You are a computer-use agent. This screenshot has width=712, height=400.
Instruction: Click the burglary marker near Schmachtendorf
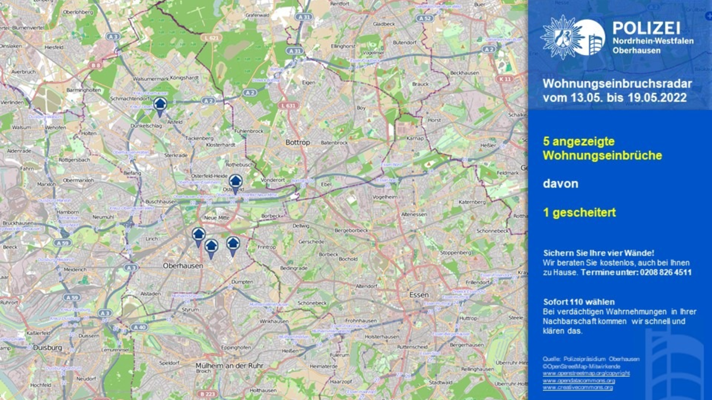coord(160,105)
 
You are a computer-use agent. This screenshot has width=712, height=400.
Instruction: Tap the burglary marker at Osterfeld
coord(236,182)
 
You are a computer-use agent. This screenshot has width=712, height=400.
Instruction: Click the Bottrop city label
coord(297,143)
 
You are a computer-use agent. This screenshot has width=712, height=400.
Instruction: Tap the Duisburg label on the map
coord(48,348)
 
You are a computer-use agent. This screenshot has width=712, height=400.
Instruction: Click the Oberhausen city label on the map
coord(183,266)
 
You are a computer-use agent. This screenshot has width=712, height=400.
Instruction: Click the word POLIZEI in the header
coord(646,27)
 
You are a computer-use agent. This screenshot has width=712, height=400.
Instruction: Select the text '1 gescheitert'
coord(579,212)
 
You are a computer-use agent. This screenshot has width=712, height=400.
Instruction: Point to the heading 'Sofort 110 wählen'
coord(578,302)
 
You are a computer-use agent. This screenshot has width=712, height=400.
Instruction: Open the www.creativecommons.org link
coord(577,387)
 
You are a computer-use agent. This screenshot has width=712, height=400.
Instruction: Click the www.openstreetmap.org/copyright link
coord(586,373)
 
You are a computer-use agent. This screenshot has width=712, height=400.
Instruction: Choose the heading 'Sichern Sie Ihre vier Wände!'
coord(599,252)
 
